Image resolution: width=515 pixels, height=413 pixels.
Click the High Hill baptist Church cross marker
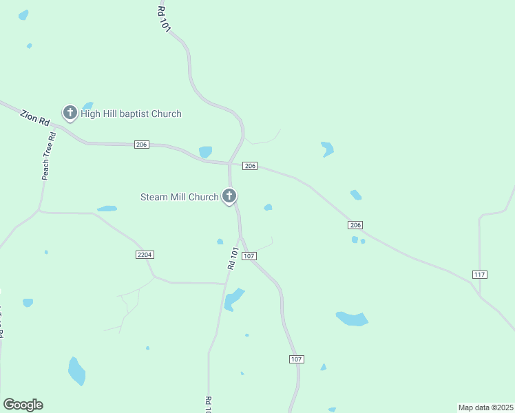70,112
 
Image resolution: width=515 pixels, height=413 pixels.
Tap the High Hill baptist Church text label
131,114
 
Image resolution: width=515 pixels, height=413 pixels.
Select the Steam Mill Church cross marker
229,196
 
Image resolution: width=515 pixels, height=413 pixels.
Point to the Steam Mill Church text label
179,197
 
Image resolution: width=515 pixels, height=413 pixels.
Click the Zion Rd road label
34,118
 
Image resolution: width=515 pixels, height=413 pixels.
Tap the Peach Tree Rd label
48,156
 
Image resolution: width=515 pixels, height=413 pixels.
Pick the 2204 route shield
145,255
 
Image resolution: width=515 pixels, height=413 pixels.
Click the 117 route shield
480,275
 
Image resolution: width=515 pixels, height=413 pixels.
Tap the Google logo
23,405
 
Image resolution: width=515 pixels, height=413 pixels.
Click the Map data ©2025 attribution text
485,407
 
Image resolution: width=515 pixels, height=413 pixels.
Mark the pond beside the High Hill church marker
87,106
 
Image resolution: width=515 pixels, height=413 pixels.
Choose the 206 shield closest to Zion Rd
142,144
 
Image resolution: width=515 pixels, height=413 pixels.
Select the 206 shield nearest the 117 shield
355,225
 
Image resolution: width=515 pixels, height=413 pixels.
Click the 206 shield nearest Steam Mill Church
250,166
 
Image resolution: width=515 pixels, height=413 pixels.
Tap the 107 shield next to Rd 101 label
249,256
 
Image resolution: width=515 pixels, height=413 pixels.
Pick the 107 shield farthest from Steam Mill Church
297,359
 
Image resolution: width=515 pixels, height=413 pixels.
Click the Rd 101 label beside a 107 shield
233,258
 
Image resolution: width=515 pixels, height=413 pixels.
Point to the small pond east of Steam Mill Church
268,207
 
